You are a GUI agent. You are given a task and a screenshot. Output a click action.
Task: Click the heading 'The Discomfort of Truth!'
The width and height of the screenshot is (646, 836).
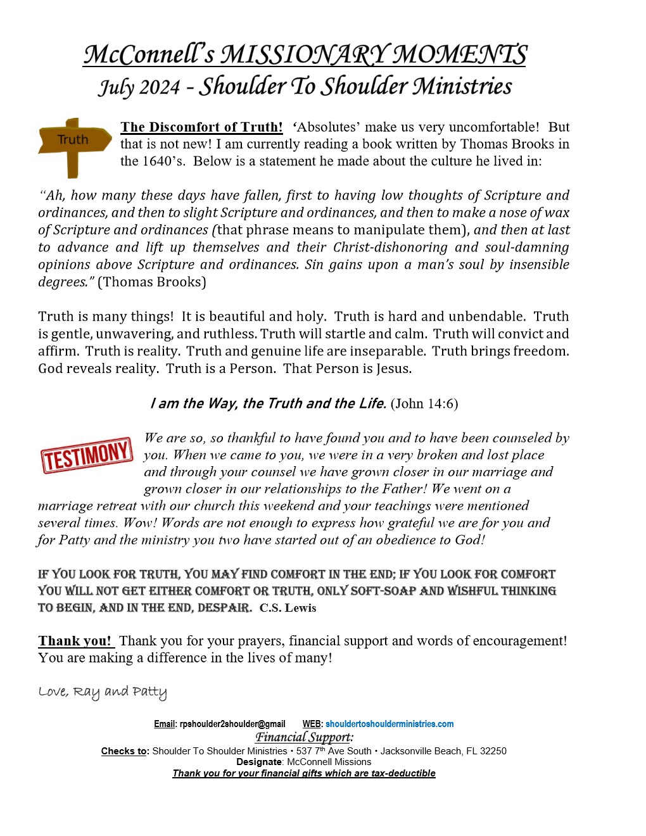(201, 127)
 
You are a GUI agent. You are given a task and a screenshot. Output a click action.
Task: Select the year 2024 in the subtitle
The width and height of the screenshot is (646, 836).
(156, 87)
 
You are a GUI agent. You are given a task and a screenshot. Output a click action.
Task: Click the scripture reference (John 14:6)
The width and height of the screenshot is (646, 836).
(424, 403)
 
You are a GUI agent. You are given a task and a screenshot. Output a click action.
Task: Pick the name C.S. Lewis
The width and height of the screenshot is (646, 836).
(288, 608)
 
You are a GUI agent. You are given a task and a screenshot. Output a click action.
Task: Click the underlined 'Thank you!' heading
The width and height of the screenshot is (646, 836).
(75, 641)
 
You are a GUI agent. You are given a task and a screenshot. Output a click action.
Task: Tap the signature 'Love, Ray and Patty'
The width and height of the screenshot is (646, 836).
(103, 692)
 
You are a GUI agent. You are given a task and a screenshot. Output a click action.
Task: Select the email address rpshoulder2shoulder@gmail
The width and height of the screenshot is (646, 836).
(232, 724)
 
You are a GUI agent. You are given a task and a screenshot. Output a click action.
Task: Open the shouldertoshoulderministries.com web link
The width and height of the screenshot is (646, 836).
(389, 724)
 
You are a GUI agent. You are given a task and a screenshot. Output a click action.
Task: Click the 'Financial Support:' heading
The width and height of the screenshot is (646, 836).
(304, 737)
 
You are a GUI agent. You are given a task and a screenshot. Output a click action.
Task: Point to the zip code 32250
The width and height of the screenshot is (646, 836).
(493, 751)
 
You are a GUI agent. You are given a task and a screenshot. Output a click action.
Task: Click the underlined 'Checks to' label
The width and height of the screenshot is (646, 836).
(125, 751)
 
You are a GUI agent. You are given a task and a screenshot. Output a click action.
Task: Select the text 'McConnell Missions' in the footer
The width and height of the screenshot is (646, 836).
(329, 762)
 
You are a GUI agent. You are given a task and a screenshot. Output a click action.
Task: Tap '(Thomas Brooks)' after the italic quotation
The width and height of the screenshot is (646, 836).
(152, 282)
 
